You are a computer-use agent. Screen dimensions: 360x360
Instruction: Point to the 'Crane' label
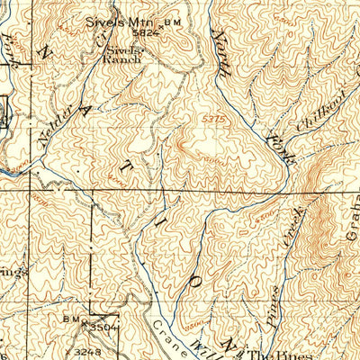[x=170, y=335]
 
